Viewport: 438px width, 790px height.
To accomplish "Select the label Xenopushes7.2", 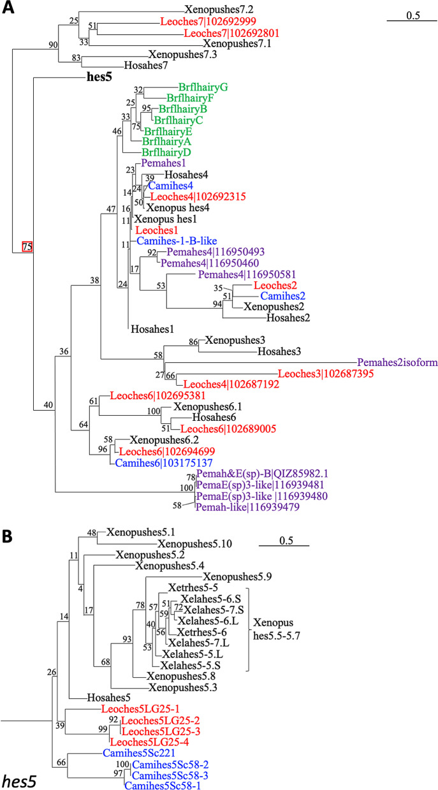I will point(218,10).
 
